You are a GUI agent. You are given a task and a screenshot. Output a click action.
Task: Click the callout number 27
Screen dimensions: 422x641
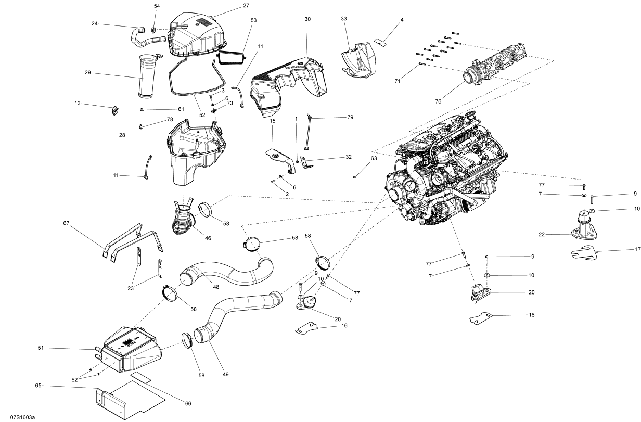point(232,6)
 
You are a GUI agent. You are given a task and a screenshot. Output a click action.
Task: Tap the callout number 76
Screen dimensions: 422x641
point(438,101)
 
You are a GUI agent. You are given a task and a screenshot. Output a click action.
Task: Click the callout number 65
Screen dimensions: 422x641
point(38,386)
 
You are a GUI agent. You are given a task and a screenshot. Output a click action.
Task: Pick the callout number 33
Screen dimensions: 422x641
point(344,19)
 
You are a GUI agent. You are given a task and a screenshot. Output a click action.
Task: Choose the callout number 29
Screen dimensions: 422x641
point(87,73)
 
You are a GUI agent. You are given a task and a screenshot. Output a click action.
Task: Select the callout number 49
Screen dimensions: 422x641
point(226,374)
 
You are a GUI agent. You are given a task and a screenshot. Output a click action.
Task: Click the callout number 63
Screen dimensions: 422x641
point(374,158)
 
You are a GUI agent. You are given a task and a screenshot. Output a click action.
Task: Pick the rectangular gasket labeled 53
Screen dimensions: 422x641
point(231,57)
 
